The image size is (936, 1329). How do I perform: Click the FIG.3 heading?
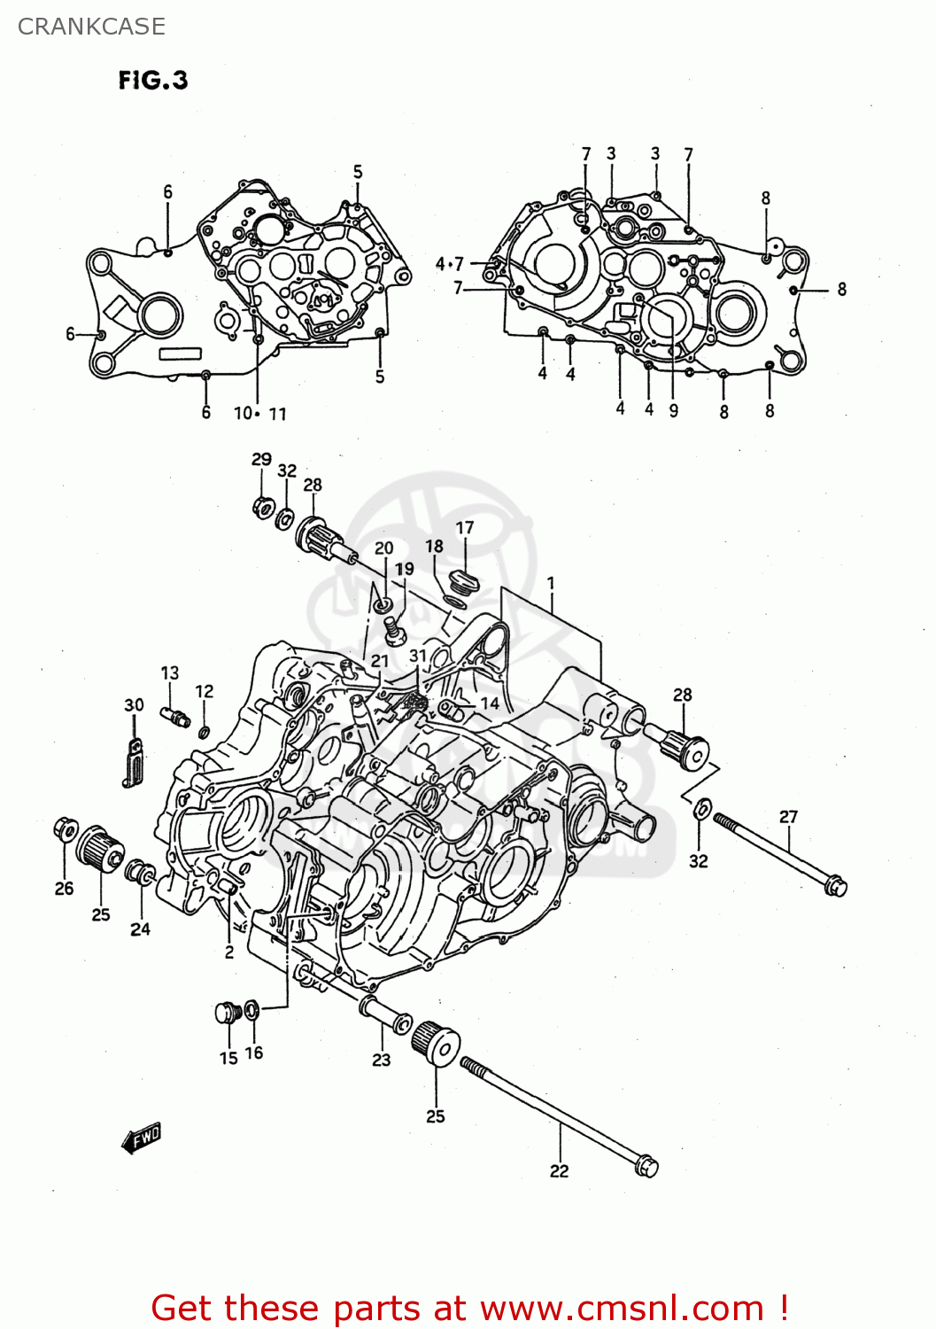coord(153,81)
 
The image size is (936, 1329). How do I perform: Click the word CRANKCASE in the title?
coord(91,27)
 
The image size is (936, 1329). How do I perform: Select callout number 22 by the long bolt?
coord(559,1170)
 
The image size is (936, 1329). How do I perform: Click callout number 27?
coord(788,816)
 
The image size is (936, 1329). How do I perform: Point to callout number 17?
coord(465,527)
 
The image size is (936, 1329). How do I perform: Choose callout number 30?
coord(134,705)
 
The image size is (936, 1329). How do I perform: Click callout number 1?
coord(551,583)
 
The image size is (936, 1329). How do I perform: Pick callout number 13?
coord(170,672)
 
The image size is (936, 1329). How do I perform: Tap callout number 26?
coord(64,888)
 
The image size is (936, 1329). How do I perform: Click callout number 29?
coord(261,459)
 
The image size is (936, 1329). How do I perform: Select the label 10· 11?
coord(259,413)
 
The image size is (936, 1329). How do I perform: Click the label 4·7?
coord(449,263)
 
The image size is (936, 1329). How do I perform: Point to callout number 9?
coord(674,410)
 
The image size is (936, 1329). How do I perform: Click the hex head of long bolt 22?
coord(647,1166)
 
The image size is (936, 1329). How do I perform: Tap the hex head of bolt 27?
coord(835,885)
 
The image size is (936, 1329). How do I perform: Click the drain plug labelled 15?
coord(228,1012)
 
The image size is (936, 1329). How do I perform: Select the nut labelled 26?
coord(65,829)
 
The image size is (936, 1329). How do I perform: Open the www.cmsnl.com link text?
coord(623,1308)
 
